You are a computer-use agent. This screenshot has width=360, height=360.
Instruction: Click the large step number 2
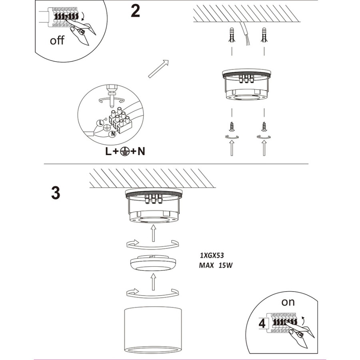tap(135, 11)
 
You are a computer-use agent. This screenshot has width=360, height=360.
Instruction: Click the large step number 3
tap(56, 193)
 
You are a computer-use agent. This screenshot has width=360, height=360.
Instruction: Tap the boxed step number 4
tap(262, 324)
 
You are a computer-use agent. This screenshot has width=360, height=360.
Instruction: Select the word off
tap(57, 40)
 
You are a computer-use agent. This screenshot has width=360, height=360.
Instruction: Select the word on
tap(288, 302)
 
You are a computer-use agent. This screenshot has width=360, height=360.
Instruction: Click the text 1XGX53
tap(212, 255)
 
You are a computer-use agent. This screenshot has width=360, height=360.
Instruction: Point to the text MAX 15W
tap(216, 266)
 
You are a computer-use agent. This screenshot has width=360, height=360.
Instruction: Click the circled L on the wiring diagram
tap(100, 123)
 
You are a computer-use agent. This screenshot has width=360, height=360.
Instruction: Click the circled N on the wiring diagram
tap(112, 134)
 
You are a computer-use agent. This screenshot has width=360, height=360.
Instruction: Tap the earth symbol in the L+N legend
tap(124, 151)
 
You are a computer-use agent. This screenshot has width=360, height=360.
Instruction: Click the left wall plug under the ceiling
tap(232, 35)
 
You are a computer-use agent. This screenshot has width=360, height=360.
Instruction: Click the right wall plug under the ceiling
tap(264, 35)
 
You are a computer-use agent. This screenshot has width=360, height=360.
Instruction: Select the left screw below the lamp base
tap(232, 126)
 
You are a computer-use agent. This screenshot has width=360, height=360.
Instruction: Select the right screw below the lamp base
tap(264, 126)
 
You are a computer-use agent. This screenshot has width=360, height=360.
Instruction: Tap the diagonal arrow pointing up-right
tap(158, 69)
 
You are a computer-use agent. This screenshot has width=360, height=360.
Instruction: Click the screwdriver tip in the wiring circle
tap(112, 106)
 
